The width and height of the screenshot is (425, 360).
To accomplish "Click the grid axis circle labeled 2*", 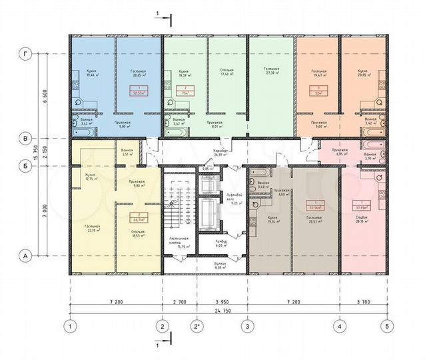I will click(197, 326).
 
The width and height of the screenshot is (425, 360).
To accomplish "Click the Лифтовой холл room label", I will click(231, 195).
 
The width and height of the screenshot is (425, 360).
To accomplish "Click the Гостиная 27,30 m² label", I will click(271, 73).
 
